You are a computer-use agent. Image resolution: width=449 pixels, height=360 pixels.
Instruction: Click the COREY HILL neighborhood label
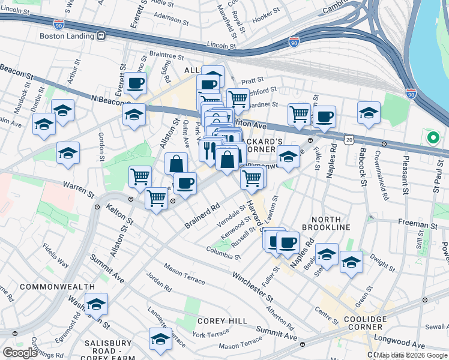point(222,322)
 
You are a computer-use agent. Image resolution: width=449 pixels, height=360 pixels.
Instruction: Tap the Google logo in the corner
point(20,353)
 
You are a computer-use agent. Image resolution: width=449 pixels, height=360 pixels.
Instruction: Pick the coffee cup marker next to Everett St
point(135,83)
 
